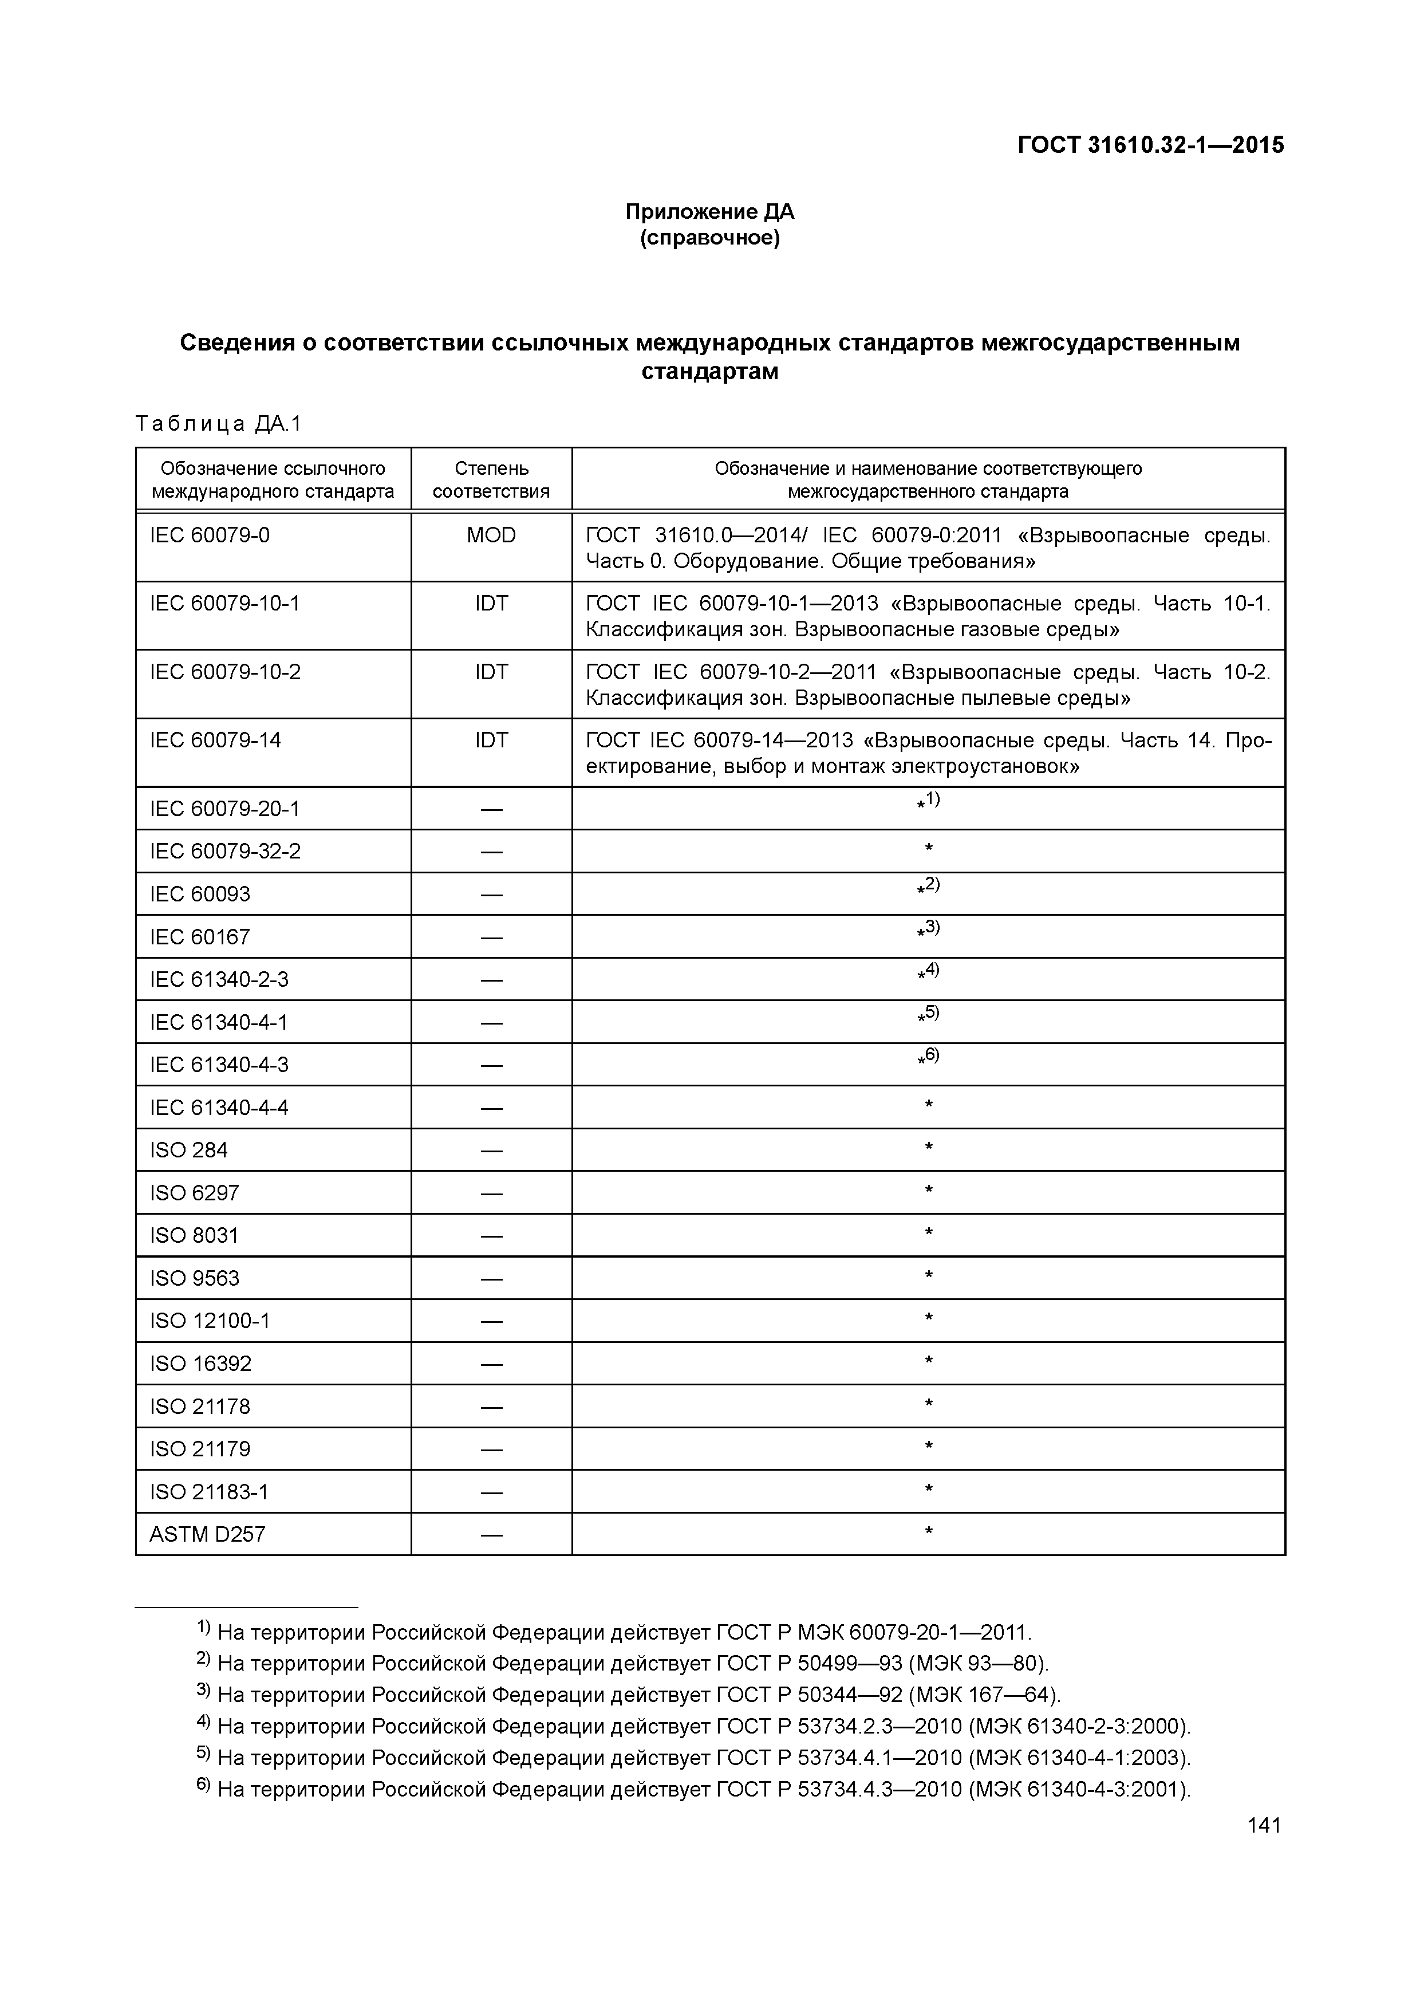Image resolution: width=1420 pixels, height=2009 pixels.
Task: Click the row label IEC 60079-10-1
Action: (225, 604)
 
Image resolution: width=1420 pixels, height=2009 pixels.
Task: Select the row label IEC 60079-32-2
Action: (225, 852)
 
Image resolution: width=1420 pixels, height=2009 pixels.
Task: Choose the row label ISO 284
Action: (188, 1151)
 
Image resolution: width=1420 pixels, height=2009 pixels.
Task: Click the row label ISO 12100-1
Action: (210, 1321)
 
